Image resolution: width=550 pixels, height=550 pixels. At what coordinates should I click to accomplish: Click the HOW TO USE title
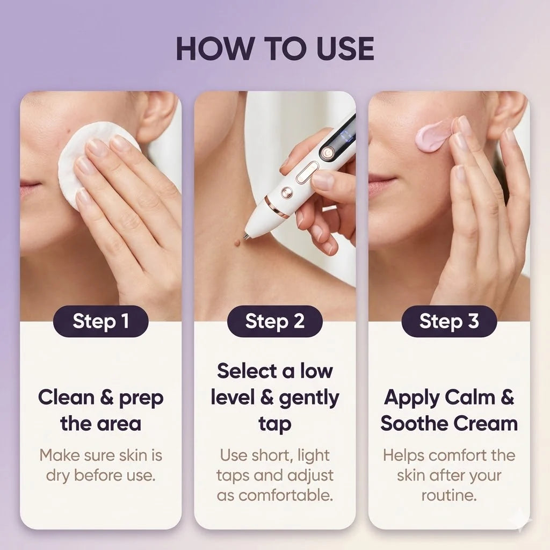click(274, 48)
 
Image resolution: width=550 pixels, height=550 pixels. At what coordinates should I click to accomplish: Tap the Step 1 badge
click(101, 321)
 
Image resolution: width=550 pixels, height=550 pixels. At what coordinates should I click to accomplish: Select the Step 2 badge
click(274, 321)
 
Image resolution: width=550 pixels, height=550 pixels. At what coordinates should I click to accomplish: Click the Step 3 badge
click(449, 321)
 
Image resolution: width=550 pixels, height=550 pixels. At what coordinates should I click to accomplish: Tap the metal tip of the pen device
click(247, 234)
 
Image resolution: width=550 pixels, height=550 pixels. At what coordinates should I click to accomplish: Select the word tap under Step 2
click(274, 423)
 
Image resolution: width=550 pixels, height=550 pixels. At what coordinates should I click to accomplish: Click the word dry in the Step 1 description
click(57, 475)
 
